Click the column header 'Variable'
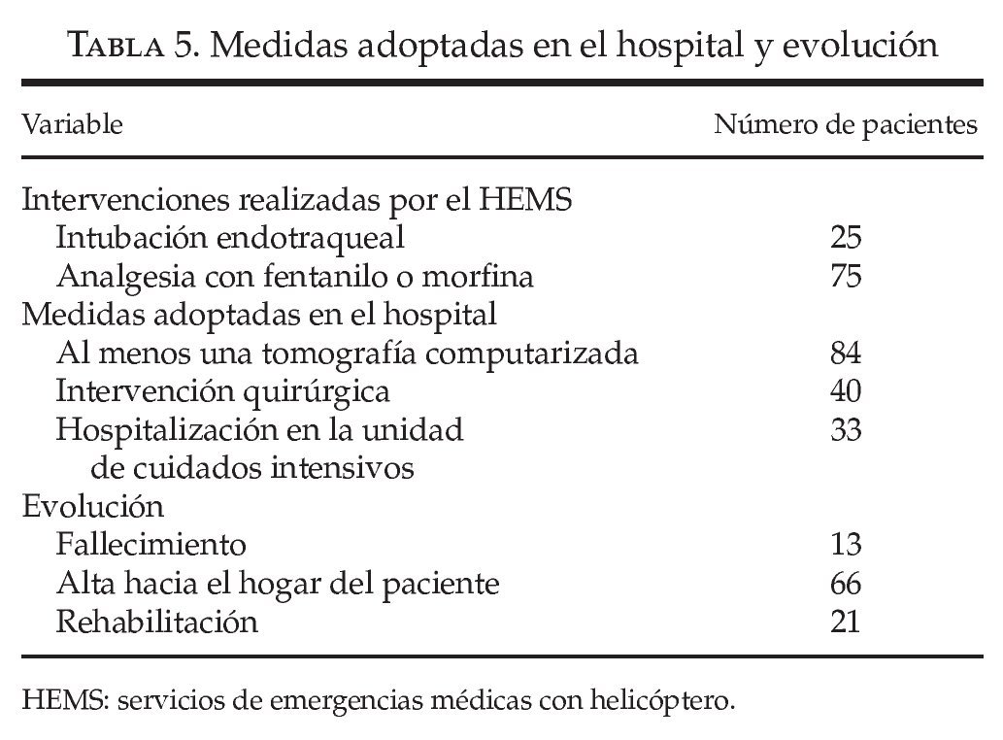72,124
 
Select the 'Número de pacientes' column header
846,124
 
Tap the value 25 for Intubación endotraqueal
845,237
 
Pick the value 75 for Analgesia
845,276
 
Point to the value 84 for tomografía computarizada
845,353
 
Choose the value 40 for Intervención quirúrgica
845,391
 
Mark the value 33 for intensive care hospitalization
845,429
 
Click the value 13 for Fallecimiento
845,545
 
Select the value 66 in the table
845,584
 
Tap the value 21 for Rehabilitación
845,622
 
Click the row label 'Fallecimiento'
150,545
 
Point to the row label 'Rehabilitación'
157,622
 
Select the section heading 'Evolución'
92,507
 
